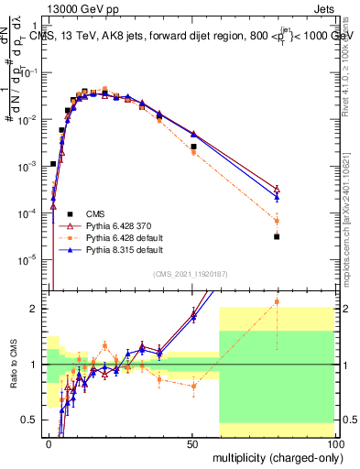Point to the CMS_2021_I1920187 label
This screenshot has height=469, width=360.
coord(191,272)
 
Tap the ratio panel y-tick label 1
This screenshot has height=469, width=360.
coord(37,365)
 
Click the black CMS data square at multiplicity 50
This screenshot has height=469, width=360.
coord(193,147)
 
